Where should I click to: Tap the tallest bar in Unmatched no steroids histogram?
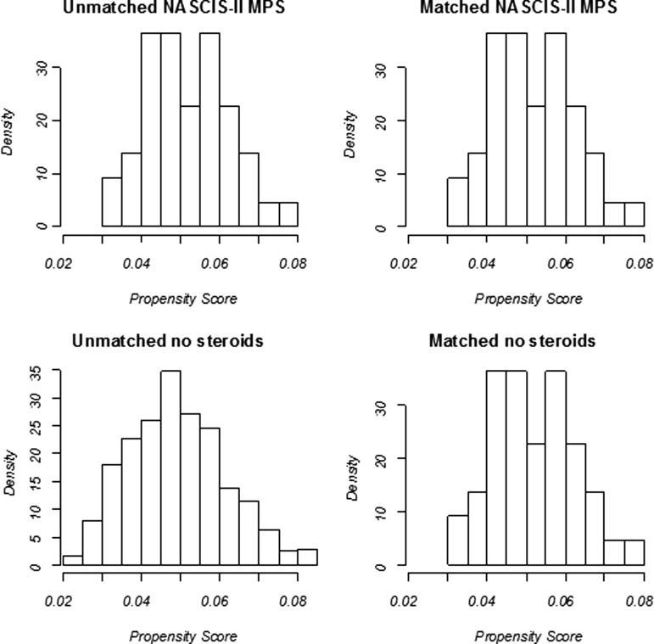coord(170,468)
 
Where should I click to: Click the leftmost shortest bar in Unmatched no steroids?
coord(72,560)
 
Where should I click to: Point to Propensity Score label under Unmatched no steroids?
coord(183,636)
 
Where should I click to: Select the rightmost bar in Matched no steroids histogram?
coord(634,552)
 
